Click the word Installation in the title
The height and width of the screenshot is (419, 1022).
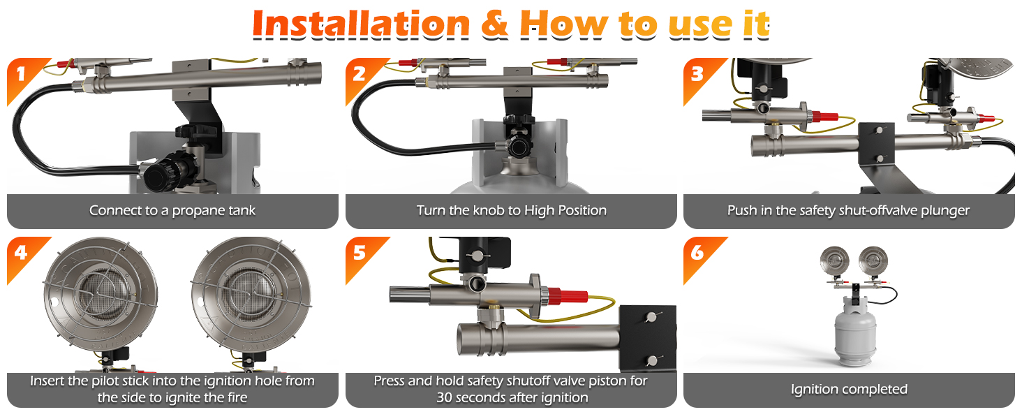coord(361,25)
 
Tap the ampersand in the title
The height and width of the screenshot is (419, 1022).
coord(494,25)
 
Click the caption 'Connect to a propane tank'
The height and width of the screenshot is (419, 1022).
coord(172,210)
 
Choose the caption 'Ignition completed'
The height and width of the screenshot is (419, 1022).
coord(849,389)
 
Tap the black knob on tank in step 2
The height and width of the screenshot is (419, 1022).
coord(518,145)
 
